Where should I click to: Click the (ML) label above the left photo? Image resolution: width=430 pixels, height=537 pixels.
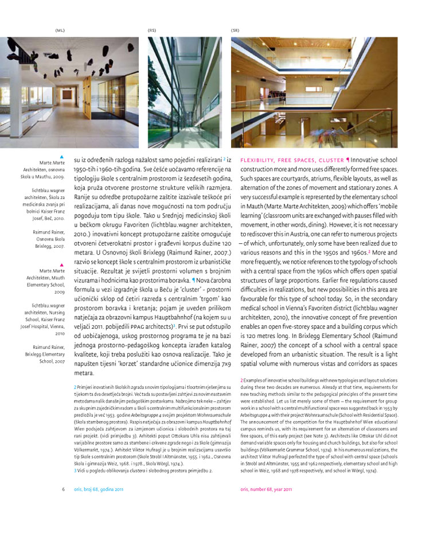pos(60,30)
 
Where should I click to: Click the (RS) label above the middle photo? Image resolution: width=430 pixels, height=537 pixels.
pos(152,30)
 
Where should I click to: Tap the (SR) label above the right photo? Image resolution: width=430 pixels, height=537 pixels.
pos(235,30)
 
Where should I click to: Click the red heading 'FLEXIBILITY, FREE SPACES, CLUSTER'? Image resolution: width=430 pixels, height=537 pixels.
pos(291,160)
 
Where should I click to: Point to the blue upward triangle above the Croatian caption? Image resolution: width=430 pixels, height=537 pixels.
pos(62,156)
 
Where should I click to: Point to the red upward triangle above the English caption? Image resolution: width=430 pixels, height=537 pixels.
pos(62,265)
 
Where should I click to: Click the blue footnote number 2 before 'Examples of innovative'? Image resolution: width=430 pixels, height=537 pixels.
pos(242,379)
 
